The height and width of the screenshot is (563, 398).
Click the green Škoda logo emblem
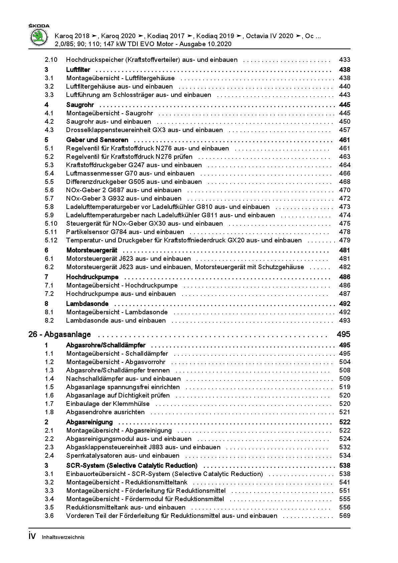point(39,37)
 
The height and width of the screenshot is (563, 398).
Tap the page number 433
point(344,60)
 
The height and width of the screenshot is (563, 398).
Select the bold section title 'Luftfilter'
point(78,70)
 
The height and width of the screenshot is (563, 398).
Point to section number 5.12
point(51,240)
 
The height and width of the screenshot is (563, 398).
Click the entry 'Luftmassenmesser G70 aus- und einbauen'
point(130,174)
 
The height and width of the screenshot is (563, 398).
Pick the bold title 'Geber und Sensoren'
point(97,140)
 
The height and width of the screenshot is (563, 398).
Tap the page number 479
point(344,240)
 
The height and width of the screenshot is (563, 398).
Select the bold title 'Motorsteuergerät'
point(92,250)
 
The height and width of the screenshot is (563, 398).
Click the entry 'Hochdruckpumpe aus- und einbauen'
point(121,294)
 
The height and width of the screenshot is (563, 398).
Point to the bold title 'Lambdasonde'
point(87,304)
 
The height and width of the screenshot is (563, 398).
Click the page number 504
point(344,362)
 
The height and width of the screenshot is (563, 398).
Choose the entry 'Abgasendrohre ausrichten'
point(105,412)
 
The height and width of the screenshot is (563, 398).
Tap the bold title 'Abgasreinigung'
point(89,422)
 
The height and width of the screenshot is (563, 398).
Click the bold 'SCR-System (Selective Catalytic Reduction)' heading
point(132,466)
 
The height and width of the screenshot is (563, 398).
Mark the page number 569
point(344,516)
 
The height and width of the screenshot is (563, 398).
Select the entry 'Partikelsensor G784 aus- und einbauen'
point(125,232)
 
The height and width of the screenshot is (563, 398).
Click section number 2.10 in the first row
point(51,60)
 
